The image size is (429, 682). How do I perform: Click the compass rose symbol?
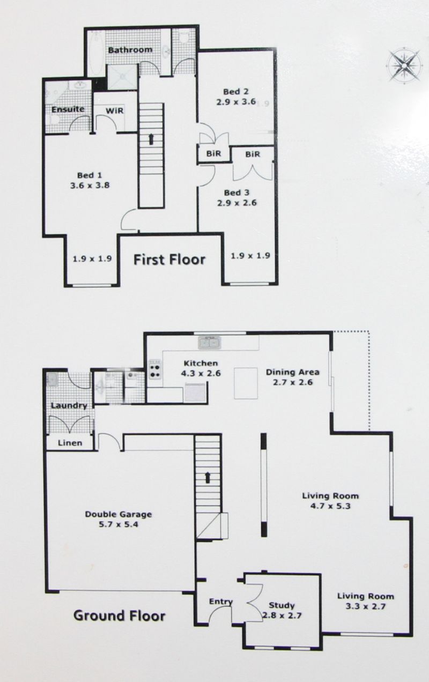point(404,65)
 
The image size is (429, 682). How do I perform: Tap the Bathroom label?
point(130,50)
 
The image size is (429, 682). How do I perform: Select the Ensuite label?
point(68,109)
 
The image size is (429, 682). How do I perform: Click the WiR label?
point(115,110)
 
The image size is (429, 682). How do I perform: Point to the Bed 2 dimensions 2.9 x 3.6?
point(236,101)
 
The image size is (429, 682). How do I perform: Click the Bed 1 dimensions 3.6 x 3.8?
point(90,185)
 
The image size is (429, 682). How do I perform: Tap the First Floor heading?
point(169,260)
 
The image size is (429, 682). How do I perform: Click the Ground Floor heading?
point(120,616)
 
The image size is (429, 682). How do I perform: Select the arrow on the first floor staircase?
point(151,139)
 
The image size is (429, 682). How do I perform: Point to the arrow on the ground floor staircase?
point(208,478)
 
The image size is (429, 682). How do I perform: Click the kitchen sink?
point(210,343)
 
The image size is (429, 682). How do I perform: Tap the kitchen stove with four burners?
point(154,369)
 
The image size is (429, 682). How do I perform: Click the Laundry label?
point(69,406)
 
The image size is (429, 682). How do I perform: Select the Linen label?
point(70,443)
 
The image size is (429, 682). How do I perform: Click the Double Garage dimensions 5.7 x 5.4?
point(119,524)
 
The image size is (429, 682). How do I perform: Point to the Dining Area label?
point(293,372)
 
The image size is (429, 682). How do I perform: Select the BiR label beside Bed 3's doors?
point(253,154)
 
